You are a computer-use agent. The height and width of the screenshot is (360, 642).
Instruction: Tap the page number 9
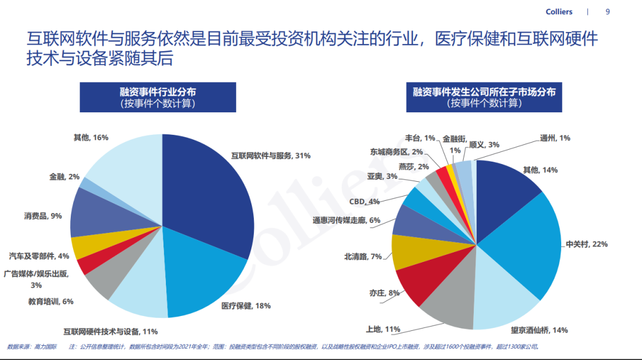(x=607, y=12)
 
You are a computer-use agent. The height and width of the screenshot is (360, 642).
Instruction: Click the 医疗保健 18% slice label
(x=246, y=306)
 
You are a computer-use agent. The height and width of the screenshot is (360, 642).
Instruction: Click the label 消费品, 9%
(x=43, y=216)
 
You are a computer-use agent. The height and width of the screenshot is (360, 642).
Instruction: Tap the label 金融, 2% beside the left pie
(x=64, y=176)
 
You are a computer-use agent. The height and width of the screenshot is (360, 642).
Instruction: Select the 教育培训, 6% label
(x=51, y=301)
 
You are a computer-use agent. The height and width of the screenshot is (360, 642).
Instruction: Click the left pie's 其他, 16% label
(x=90, y=138)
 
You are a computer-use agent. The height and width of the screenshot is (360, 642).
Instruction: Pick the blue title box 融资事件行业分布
(x=158, y=97)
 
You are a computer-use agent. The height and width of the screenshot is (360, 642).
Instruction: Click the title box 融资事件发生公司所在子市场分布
(x=484, y=97)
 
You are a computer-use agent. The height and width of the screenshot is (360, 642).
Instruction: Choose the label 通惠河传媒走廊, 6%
(x=346, y=220)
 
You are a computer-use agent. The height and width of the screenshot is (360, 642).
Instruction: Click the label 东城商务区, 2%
(x=396, y=151)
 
